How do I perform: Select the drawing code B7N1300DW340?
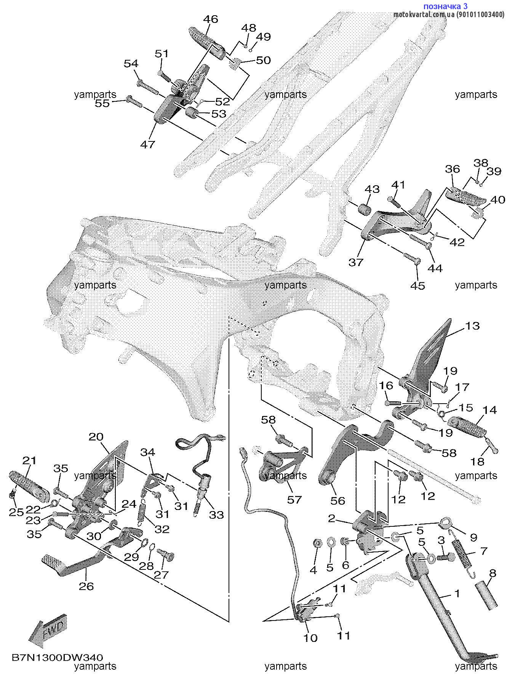58,657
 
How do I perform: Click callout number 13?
472,326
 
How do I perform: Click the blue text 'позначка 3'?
445,6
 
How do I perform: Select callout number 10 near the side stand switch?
310,638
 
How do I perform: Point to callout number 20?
96,437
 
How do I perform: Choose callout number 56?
337,500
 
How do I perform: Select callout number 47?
148,144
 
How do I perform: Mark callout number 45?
417,285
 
